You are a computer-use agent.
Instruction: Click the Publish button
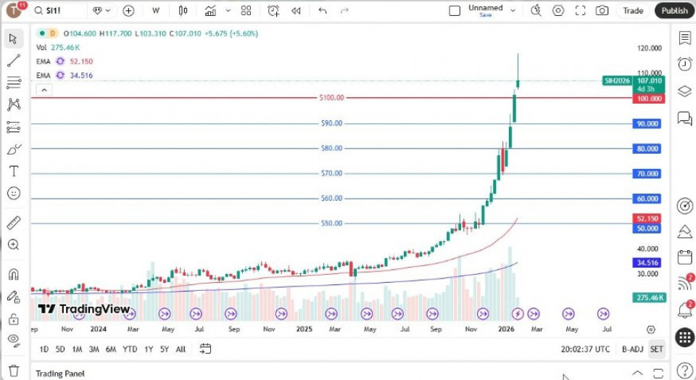[x=674, y=11]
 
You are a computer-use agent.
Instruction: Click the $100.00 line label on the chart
[x=331, y=98]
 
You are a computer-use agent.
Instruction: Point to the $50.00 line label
[x=331, y=223]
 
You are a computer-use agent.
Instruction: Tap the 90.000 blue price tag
[x=647, y=123]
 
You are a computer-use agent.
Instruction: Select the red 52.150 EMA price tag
[x=647, y=218]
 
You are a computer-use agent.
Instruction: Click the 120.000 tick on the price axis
[x=648, y=49]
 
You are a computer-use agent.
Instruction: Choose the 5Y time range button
[x=165, y=349]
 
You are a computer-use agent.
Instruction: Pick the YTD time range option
[x=130, y=349]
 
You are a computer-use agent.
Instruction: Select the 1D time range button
[x=44, y=349]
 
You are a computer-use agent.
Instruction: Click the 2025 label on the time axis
[x=303, y=329]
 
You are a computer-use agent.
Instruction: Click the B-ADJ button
[x=631, y=349]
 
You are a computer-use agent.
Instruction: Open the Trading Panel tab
[x=60, y=373]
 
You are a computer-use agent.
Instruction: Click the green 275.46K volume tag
[x=647, y=297]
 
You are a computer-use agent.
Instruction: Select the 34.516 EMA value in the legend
[x=81, y=75]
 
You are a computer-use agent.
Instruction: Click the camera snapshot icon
[x=602, y=11]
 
